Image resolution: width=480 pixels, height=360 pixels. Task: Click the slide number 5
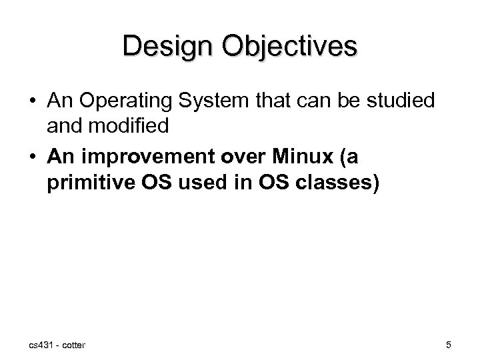pyautogui.click(x=449, y=345)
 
